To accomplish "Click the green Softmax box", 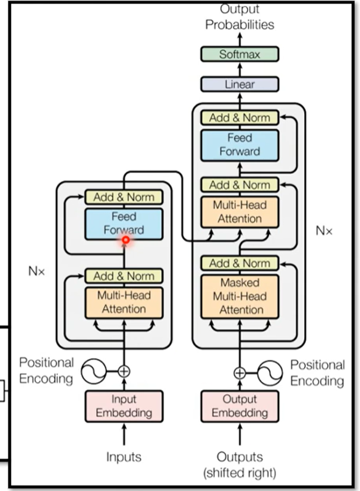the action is (240, 54).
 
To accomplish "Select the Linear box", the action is (240, 84).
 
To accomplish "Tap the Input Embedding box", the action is (124, 406).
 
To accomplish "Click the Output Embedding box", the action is (240, 406).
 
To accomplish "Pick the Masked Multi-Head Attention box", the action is (240, 297).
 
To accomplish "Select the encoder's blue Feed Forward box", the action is (124, 224).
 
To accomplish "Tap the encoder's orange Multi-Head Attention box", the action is (124, 303).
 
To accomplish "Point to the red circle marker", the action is (126, 240).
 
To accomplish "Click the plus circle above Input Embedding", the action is (124, 372).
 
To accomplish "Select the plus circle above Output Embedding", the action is (240, 373).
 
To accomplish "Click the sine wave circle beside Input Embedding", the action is (94, 372).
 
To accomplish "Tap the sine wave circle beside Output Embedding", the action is (270, 373).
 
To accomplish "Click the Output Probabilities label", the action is (240, 17).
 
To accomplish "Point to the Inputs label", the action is (124, 457).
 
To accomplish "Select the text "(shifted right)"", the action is (240, 473).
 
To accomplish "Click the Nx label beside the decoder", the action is (324, 231).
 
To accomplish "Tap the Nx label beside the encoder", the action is (36, 271).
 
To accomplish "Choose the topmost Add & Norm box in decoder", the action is (240, 118).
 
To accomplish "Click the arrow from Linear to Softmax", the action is (240, 69).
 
